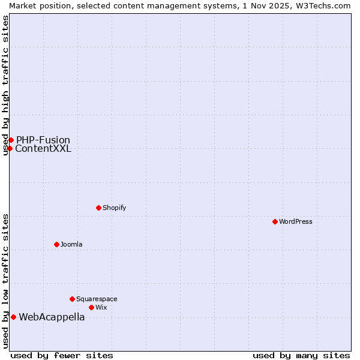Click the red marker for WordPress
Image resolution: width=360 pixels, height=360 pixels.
point(275,221)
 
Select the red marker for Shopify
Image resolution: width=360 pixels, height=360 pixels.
point(98,208)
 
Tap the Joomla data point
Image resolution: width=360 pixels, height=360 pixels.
point(56,244)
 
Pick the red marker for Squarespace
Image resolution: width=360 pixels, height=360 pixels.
point(72,299)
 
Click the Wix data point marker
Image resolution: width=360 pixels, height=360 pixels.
point(91,307)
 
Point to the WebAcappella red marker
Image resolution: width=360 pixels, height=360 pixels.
point(13,317)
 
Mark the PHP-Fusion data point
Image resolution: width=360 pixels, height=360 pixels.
point(11,140)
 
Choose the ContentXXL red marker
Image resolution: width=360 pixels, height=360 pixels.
point(10,148)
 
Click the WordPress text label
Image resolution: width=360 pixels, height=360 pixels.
point(296,221)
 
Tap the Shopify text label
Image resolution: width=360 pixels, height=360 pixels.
point(114,208)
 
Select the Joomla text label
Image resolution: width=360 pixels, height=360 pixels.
point(71,244)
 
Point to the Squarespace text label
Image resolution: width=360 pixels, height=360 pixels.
point(97,299)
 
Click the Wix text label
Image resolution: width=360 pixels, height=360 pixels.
point(101,307)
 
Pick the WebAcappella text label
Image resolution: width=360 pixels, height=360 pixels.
point(52,317)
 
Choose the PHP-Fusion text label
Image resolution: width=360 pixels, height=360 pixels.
point(43,140)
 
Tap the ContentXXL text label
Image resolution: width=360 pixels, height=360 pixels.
point(43,149)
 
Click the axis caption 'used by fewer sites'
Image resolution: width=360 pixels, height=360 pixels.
point(62,355)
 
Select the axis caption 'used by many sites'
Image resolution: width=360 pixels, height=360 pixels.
point(301,355)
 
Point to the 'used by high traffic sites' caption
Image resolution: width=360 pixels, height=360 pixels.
point(5,85)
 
